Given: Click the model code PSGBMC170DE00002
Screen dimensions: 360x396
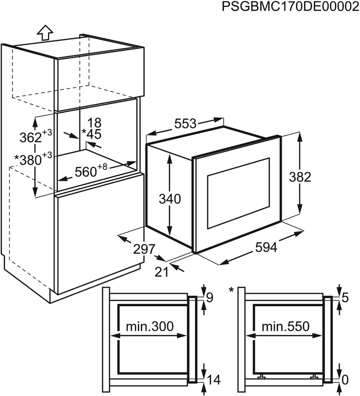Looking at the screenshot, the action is [291, 7].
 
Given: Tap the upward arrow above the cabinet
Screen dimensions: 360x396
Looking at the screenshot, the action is [45, 33].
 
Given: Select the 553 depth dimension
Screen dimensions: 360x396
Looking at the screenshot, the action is [186, 123].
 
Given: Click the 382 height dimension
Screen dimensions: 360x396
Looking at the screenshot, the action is [300, 177].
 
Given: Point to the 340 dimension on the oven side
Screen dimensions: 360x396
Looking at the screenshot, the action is [170, 199].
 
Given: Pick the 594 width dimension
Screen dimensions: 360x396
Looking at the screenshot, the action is [266, 247].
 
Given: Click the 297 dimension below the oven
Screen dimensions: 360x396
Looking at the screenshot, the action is [144, 249].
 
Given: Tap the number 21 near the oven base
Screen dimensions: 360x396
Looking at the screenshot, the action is [161, 272].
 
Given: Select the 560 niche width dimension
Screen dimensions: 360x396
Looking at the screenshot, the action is [91, 171].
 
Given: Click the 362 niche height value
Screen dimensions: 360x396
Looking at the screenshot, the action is [36, 136].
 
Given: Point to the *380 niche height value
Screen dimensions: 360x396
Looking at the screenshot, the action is [33, 159].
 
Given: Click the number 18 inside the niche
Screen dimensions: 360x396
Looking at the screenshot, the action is [94, 123].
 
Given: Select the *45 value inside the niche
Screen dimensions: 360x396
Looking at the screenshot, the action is [92, 134].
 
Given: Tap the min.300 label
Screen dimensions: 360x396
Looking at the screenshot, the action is [150, 326].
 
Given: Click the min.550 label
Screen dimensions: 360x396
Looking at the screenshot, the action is [285, 326].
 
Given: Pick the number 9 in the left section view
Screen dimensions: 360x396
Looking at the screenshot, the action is [210, 298].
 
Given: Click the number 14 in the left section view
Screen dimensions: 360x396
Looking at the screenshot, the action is [214, 380].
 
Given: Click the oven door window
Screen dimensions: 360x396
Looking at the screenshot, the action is [239, 193].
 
